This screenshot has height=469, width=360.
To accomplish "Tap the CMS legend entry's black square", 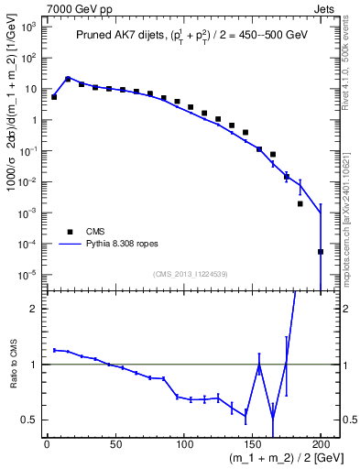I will point(67,232).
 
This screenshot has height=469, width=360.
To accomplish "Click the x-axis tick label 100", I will point(183,444).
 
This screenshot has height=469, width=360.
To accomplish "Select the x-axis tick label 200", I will point(321,444).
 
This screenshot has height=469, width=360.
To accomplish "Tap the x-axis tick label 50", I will point(115,444).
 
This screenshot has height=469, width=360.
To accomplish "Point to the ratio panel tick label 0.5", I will point(30,420).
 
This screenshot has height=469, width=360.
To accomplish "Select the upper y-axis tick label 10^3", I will point(29,27).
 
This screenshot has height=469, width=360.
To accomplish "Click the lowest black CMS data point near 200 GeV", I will point(321,252).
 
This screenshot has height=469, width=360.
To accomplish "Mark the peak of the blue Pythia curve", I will point(68,79).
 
